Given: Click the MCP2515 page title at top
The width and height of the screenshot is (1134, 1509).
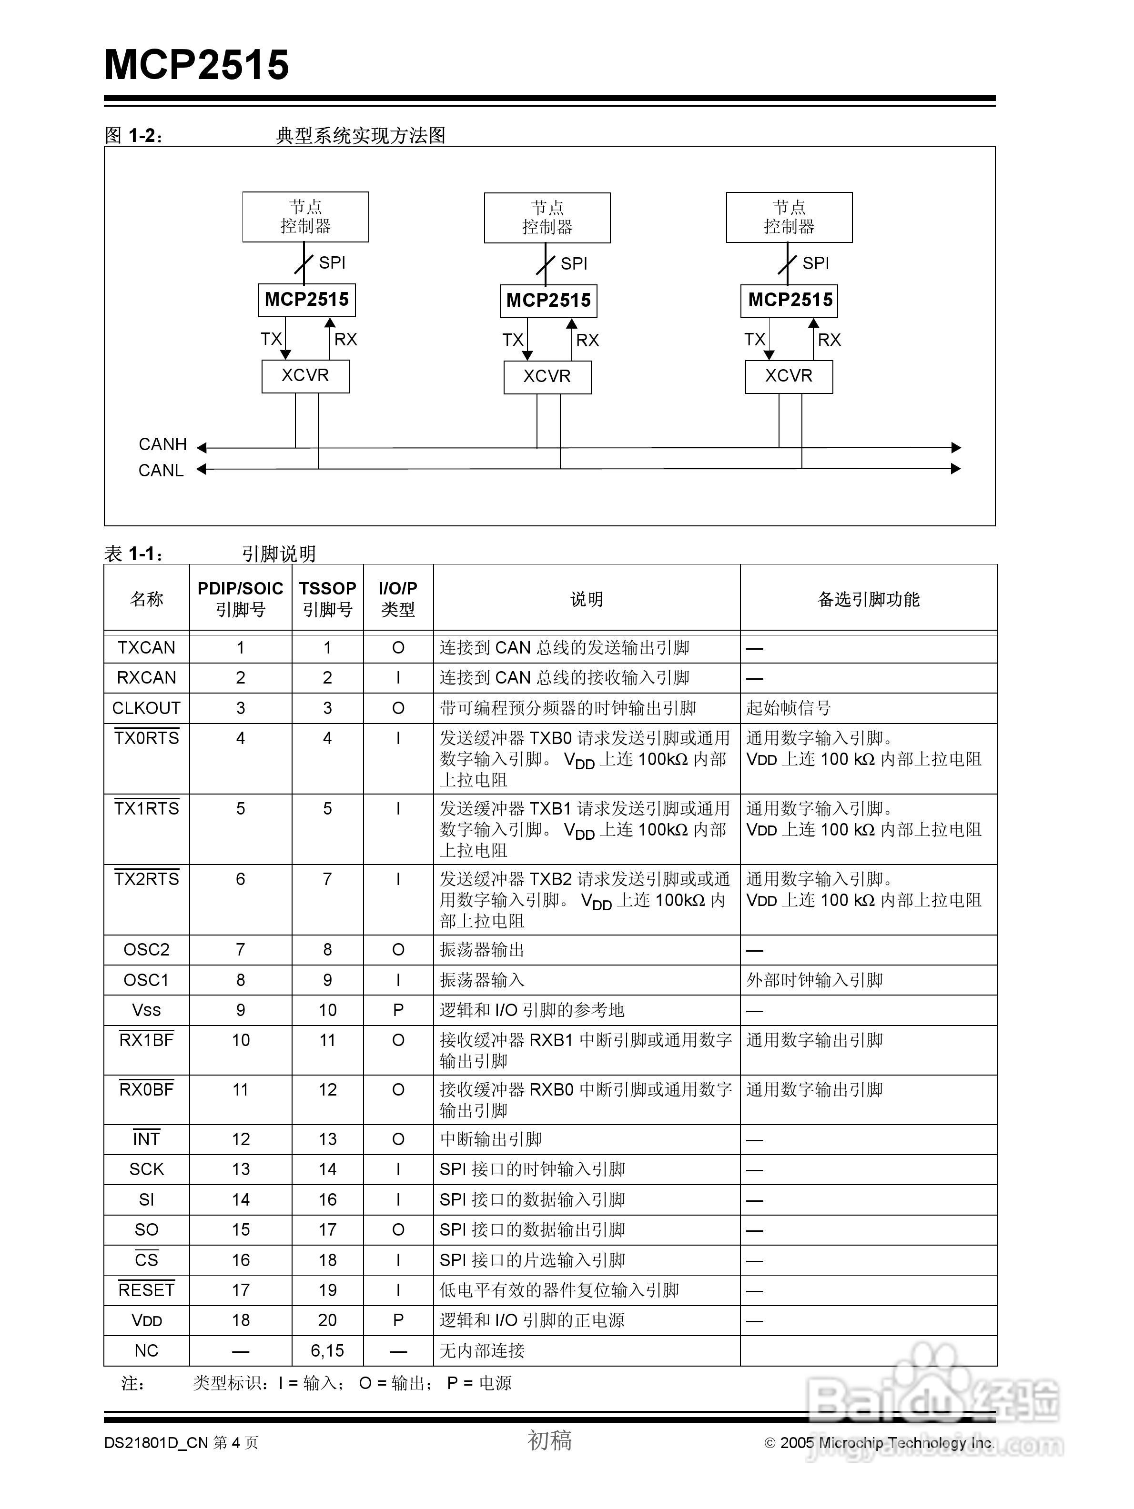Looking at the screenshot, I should tap(196, 65).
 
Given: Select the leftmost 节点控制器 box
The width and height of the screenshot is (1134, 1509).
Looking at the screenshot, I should tap(305, 217).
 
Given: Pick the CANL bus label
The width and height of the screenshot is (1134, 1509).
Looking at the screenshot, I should tap(161, 471).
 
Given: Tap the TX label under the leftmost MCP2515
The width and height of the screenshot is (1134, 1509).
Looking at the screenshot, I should tap(271, 339).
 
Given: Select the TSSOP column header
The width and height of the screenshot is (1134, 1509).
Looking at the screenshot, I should tap(327, 598).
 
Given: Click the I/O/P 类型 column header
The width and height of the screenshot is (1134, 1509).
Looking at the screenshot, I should tap(398, 598).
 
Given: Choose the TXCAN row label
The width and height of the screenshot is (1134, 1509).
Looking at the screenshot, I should tap(146, 647).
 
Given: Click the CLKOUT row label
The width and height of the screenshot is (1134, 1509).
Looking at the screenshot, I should tap(146, 708).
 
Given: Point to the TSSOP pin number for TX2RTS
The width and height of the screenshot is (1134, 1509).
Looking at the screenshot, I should tap(327, 879).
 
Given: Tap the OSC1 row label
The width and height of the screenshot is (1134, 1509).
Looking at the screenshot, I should tap(146, 980).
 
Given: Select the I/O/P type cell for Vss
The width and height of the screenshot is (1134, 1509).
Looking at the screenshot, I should tap(398, 1010).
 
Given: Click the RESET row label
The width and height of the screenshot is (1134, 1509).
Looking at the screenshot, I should tap(146, 1290).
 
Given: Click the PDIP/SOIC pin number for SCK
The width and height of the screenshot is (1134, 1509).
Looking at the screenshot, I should tap(240, 1169).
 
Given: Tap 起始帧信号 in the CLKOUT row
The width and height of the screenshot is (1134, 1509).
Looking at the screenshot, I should tap(788, 708).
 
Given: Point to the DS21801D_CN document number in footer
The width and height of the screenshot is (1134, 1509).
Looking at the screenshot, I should tap(156, 1443).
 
